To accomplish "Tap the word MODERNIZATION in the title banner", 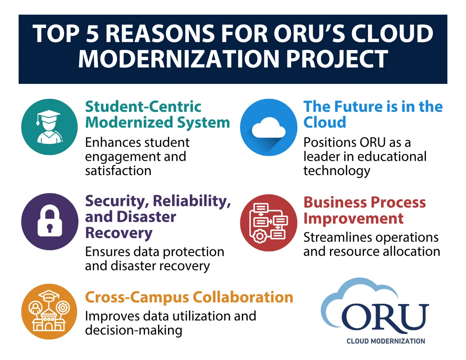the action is point(179,59).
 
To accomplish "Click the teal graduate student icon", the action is point(49,127).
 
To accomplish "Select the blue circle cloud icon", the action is point(269,127).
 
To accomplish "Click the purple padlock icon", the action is point(50,222).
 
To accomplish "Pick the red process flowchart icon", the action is point(269,223).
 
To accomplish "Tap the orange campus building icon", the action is point(49,311).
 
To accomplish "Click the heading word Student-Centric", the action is point(143,107).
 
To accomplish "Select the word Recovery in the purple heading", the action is point(119,233).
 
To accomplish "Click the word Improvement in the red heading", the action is point(353,219).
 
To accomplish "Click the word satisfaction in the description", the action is point(118,171).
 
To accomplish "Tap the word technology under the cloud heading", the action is point(337,171).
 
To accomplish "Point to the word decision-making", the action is point(134,330).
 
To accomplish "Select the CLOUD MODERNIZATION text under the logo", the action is point(386,341).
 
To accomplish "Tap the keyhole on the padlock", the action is point(50,228).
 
